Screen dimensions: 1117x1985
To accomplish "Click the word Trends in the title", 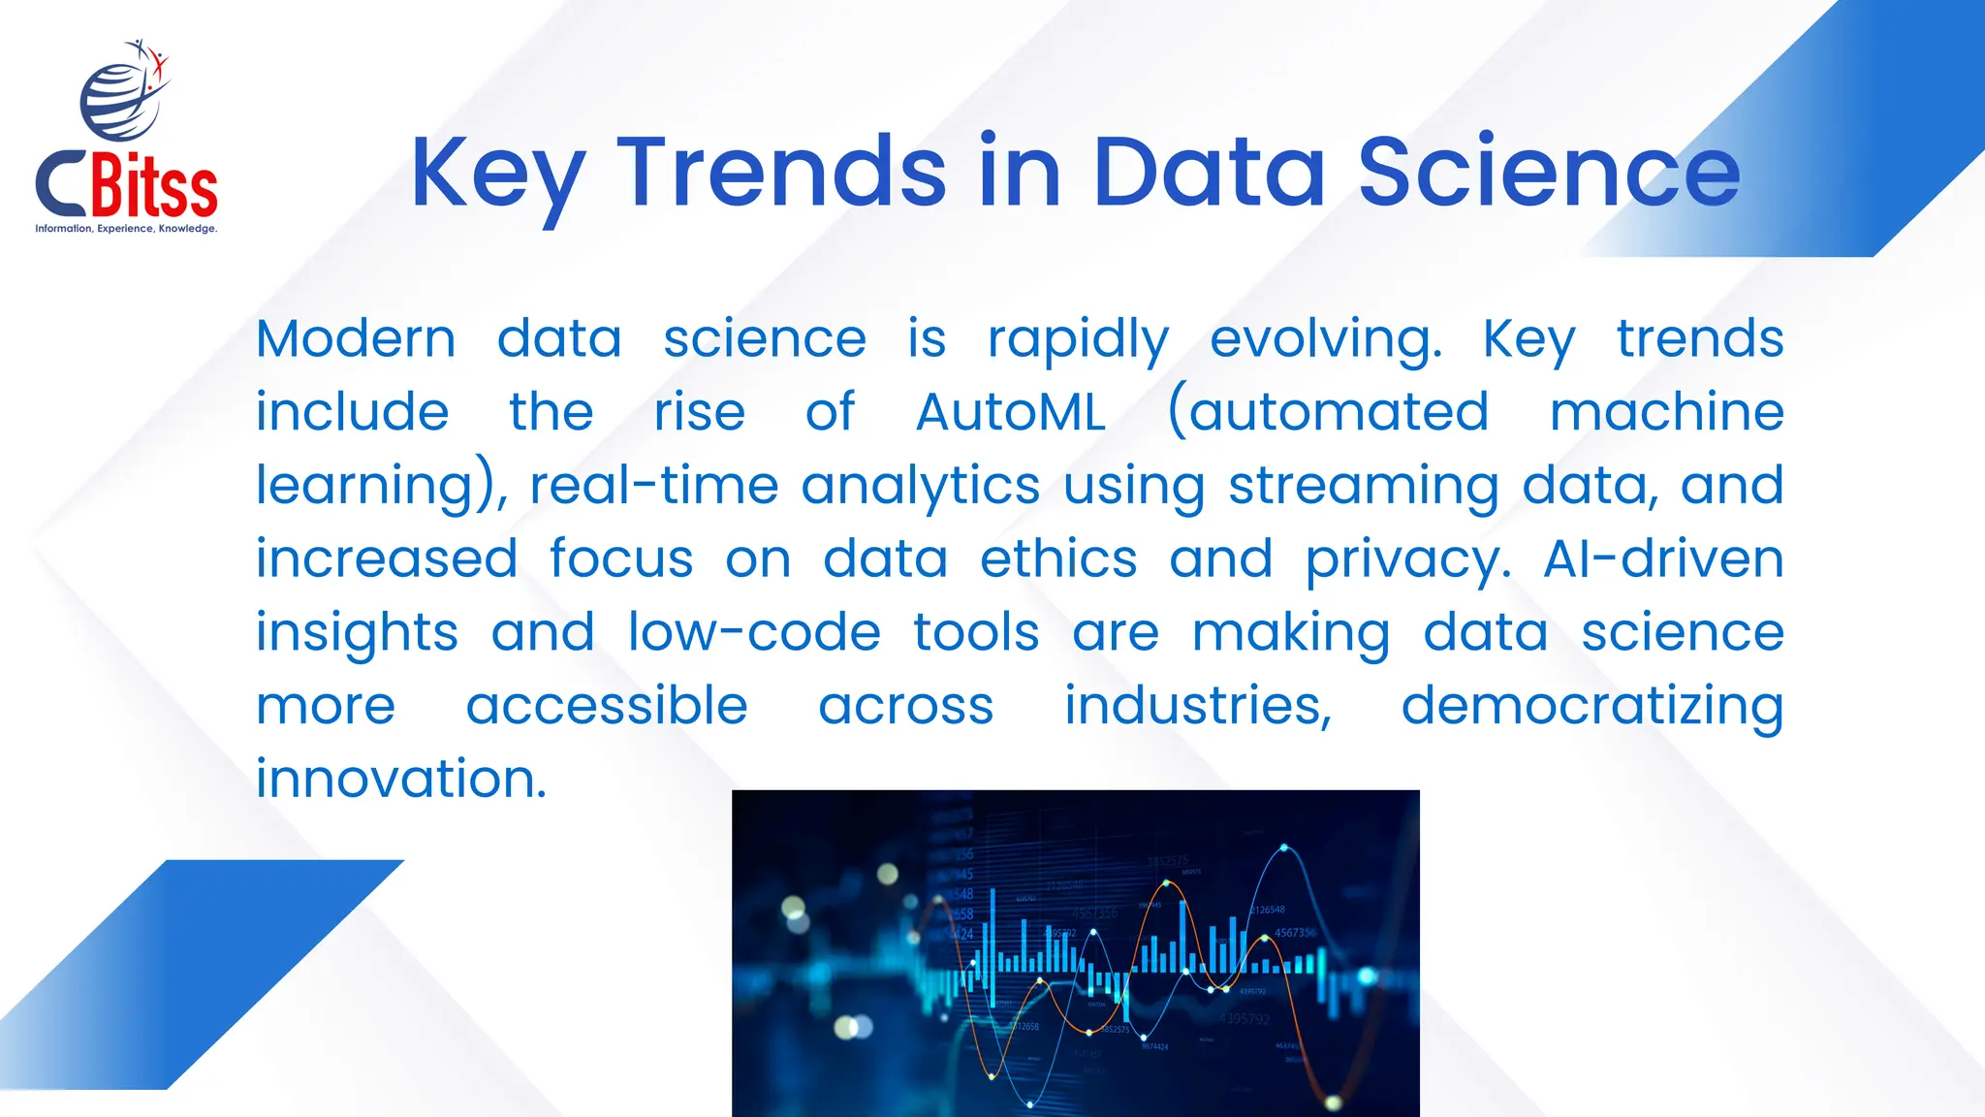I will (780, 173).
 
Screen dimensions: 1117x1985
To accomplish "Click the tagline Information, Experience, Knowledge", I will (126, 229).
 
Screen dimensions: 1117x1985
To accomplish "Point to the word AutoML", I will (1010, 412).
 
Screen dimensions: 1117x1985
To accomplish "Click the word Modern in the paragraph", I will (356, 339).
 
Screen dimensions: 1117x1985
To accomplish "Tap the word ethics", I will (1058, 559).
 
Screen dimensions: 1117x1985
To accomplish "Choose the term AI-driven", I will (1663, 559).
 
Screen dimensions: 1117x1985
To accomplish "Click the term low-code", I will (754, 633).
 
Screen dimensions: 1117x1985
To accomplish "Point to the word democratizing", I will (1591, 706).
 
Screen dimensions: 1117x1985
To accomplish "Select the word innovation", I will (401, 779).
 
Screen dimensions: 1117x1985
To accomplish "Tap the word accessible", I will (607, 705).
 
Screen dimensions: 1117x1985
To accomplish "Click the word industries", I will (1198, 705).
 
